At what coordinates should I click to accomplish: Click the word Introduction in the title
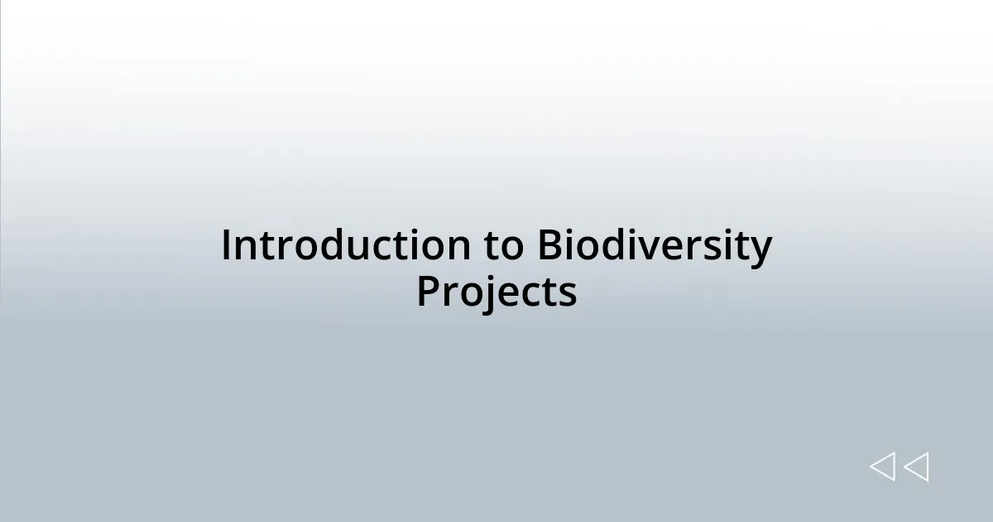click(x=346, y=246)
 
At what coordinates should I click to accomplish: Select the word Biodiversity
click(x=654, y=246)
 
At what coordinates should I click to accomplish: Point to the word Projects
click(x=496, y=292)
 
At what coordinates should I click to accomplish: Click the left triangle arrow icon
click(x=882, y=466)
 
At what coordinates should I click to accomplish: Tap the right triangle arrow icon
click(x=916, y=466)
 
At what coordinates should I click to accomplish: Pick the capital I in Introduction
click(x=227, y=246)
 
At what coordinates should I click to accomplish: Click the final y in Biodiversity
click(x=760, y=249)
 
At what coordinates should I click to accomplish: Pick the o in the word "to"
click(x=511, y=248)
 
